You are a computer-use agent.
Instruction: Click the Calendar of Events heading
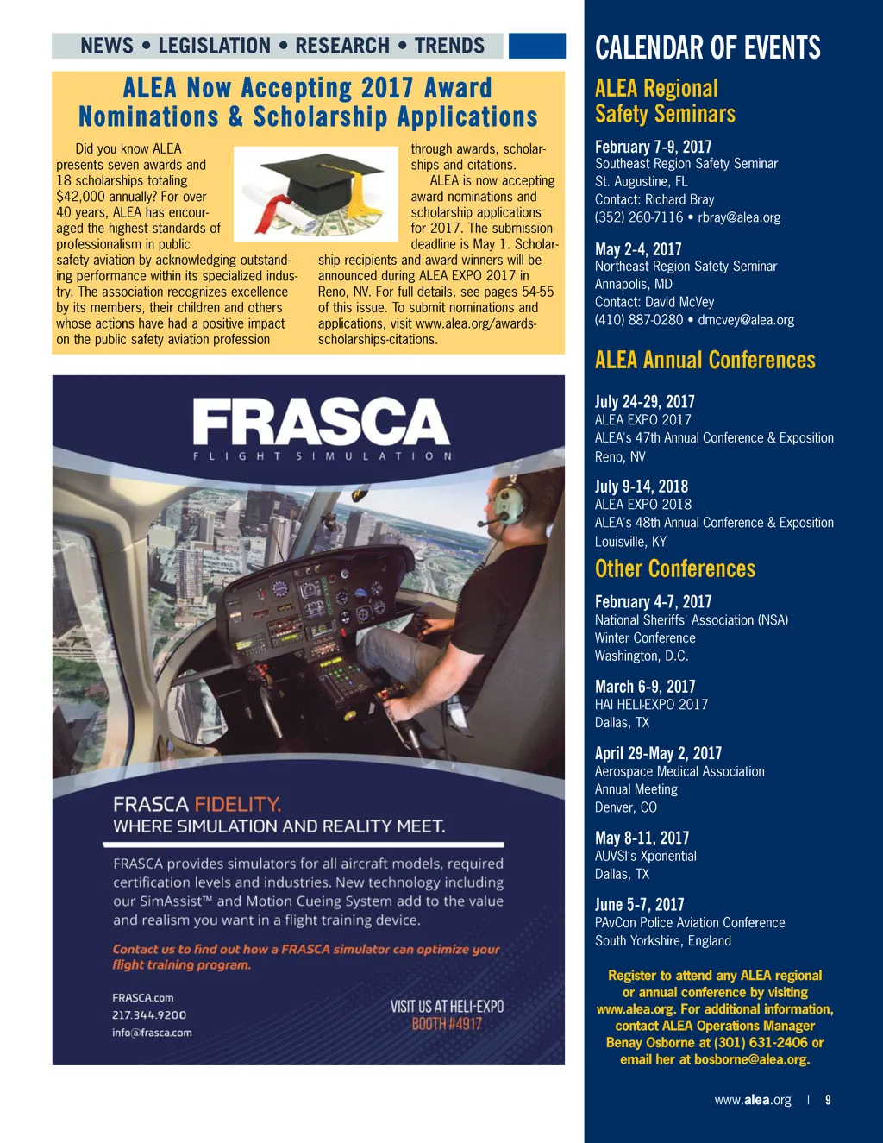707,47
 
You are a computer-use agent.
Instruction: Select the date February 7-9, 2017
653,147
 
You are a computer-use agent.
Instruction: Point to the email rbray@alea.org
739,217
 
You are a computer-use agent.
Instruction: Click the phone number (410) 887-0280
638,320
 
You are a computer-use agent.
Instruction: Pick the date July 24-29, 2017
644,401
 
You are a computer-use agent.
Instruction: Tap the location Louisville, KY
630,542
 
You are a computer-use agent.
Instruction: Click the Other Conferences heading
674,568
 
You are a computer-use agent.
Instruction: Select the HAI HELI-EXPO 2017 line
651,705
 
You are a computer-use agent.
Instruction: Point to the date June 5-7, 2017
639,904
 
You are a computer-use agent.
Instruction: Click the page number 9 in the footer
828,1100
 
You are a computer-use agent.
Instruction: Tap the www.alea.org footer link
752,1100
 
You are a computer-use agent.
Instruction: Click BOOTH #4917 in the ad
447,1024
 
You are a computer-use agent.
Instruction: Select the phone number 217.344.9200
149,1015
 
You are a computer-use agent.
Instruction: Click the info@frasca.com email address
152,1033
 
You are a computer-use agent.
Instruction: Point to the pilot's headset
508,501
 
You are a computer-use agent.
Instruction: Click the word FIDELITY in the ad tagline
238,805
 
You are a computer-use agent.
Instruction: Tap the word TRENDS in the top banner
449,46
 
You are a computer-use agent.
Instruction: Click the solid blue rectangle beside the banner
536,46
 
